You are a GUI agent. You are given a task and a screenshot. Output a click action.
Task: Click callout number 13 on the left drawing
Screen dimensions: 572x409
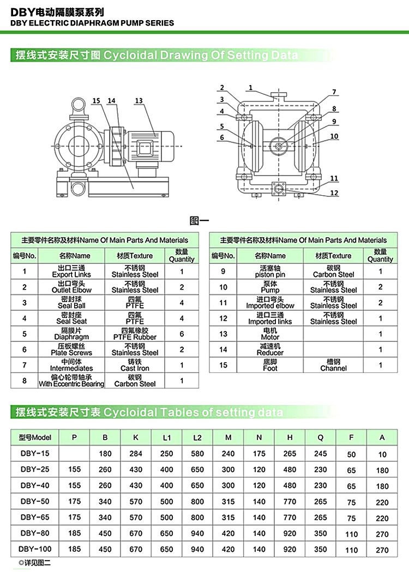[x=139, y=101]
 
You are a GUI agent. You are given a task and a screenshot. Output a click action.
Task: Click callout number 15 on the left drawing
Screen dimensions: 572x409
[x=97, y=101]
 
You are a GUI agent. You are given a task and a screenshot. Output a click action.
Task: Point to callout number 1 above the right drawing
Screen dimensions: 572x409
[x=250, y=88]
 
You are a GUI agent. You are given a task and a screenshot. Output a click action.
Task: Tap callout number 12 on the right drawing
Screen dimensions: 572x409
[x=334, y=193]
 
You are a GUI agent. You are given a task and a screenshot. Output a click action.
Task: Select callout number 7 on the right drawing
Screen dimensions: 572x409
[x=334, y=92]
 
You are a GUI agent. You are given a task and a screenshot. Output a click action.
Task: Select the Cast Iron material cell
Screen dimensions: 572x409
[x=135, y=369]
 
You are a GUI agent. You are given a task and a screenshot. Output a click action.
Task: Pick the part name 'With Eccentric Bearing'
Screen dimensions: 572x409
[x=71, y=384]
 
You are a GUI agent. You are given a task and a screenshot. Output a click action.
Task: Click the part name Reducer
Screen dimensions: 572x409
[x=270, y=353]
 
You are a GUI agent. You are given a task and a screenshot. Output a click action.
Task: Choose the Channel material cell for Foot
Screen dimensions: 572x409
[x=333, y=369]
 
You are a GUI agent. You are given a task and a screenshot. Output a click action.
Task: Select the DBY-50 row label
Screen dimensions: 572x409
[x=35, y=502]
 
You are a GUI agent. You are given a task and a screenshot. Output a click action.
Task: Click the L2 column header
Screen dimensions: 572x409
[x=197, y=437]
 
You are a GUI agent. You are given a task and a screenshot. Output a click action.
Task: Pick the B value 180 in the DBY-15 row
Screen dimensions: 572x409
[x=105, y=454]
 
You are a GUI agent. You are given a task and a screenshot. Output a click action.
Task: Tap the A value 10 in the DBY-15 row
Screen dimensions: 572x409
[x=382, y=454]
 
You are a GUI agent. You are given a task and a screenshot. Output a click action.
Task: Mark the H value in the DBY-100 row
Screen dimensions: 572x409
[x=290, y=549]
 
